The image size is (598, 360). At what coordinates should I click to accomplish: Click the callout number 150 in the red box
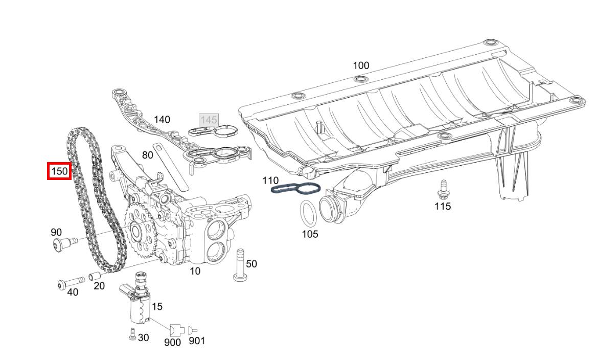(x=59, y=171)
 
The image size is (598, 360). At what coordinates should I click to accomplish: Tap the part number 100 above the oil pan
(x=361, y=65)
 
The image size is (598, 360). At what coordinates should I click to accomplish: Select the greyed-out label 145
(x=209, y=120)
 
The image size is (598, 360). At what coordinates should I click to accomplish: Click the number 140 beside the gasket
(x=162, y=120)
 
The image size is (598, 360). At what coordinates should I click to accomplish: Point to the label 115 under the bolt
(x=443, y=206)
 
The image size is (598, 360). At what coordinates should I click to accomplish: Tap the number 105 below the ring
(x=310, y=234)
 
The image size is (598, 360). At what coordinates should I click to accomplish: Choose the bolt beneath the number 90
(x=63, y=244)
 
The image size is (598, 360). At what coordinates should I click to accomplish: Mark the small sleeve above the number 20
(x=95, y=277)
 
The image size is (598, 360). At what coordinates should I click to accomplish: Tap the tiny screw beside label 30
(x=132, y=336)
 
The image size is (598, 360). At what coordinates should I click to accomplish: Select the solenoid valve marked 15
(x=138, y=302)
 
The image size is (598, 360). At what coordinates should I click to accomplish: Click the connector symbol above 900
(x=176, y=330)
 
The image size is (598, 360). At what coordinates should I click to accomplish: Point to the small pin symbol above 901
(x=193, y=330)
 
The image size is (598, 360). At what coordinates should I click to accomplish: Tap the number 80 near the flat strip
(x=148, y=154)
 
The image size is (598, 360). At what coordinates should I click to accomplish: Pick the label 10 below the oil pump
(x=195, y=271)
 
